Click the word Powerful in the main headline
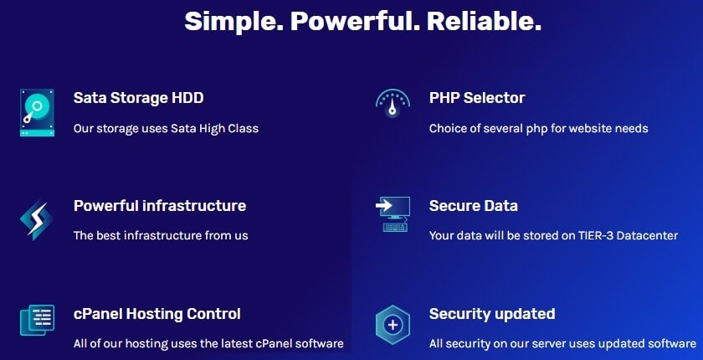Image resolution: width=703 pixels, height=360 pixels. pyautogui.click(x=355, y=22)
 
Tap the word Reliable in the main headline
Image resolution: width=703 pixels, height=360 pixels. pyautogui.click(x=485, y=21)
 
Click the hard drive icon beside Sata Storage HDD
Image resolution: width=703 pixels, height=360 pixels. pyautogui.click(x=37, y=112)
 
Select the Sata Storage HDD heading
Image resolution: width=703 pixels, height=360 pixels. pyautogui.click(x=139, y=98)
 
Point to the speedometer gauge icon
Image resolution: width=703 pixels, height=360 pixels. pyautogui.click(x=393, y=104)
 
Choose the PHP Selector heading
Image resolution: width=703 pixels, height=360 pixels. pyautogui.click(x=477, y=98)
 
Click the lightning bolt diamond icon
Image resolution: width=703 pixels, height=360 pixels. pyautogui.click(x=37, y=219)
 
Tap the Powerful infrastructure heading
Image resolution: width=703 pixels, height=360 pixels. pyautogui.click(x=160, y=206)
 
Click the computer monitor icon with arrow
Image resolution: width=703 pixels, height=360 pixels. pyautogui.click(x=393, y=214)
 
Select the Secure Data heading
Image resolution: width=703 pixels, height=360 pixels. pyautogui.click(x=474, y=206)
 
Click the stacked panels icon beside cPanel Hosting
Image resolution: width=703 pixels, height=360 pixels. pyautogui.click(x=37, y=320)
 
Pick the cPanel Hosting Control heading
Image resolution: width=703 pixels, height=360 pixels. pyautogui.click(x=157, y=314)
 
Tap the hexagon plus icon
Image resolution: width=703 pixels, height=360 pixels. pyautogui.click(x=393, y=325)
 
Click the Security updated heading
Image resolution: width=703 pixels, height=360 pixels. pyautogui.click(x=492, y=314)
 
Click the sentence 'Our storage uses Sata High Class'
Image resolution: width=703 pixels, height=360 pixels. pyautogui.click(x=166, y=129)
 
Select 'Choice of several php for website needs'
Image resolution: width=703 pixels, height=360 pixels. pyautogui.click(x=538, y=129)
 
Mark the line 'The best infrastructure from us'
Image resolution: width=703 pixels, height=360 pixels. pyautogui.click(x=161, y=235)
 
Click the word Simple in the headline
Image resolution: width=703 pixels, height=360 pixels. pyautogui.click(x=234, y=22)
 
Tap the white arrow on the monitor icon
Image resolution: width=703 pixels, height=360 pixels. pyautogui.click(x=384, y=206)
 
